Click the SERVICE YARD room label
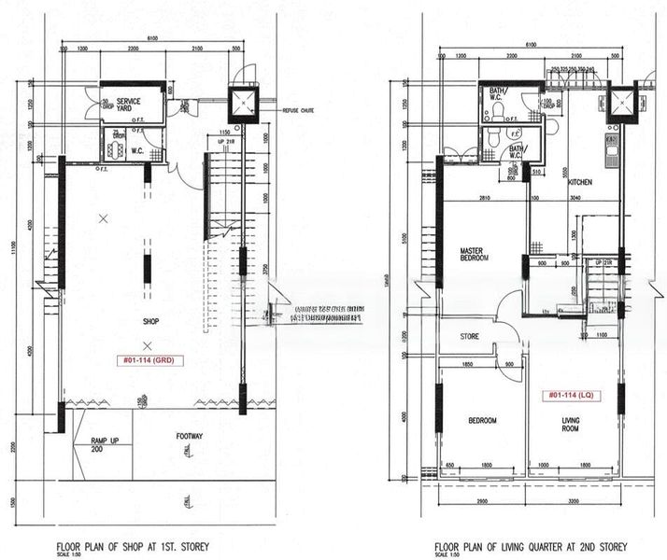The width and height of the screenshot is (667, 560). pos(128,105)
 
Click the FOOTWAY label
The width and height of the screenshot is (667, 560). pos(191,435)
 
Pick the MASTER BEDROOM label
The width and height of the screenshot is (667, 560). pos(475,254)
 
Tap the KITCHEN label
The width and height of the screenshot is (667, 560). pos(581,182)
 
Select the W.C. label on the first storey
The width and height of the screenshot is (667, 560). pos(136,150)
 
